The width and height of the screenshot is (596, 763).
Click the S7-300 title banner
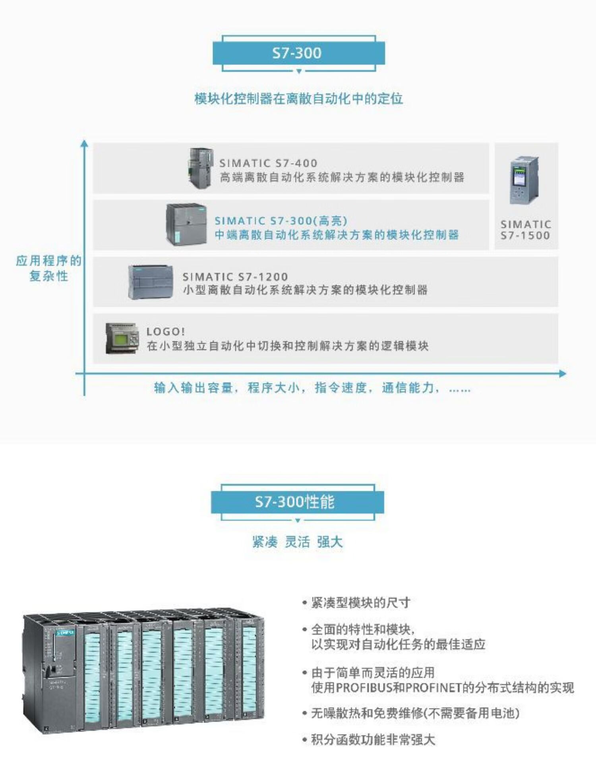click(298, 53)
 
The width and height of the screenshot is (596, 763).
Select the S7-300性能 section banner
click(297, 502)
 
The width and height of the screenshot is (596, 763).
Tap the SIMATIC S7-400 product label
click(268, 163)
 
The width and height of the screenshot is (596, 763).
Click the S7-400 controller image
click(201, 168)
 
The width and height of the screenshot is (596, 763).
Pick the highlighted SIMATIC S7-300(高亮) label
click(281, 221)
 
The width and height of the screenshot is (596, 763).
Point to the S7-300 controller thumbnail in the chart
click(186, 225)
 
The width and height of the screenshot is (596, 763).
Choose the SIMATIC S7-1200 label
click(235, 277)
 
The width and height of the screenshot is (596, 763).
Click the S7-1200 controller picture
click(151, 282)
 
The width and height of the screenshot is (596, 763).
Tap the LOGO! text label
click(166, 331)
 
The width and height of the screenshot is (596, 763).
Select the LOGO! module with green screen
click(122, 339)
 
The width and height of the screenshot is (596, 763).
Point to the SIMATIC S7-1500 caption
click(525, 230)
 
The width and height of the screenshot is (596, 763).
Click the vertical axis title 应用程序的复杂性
click(48, 268)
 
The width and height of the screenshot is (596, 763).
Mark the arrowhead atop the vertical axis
click(84, 143)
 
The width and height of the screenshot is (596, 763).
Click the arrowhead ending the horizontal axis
click(562, 374)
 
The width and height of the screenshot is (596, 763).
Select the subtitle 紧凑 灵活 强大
click(297, 542)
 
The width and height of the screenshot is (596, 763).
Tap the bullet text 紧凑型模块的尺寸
click(360, 603)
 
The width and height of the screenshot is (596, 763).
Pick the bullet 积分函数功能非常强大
click(373, 740)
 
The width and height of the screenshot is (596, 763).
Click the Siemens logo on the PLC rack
click(65, 633)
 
